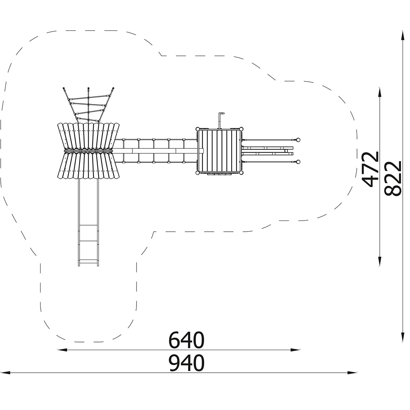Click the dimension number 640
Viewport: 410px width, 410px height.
pyautogui.click(x=186, y=340)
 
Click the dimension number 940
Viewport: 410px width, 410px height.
pyautogui.click(x=186, y=363)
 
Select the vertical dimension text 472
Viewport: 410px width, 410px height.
pyautogui.click(x=370, y=169)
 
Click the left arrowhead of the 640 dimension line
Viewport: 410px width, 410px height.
pyautogui.click(x=62, y=350)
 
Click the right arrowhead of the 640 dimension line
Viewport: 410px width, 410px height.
pyautogui.click(x=296, y=350)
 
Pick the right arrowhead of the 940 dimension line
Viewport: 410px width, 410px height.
pyautogui.click(x=352, y=372)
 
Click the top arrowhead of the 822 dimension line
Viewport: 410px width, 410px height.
pyautogui.click(x=402, y=36)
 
